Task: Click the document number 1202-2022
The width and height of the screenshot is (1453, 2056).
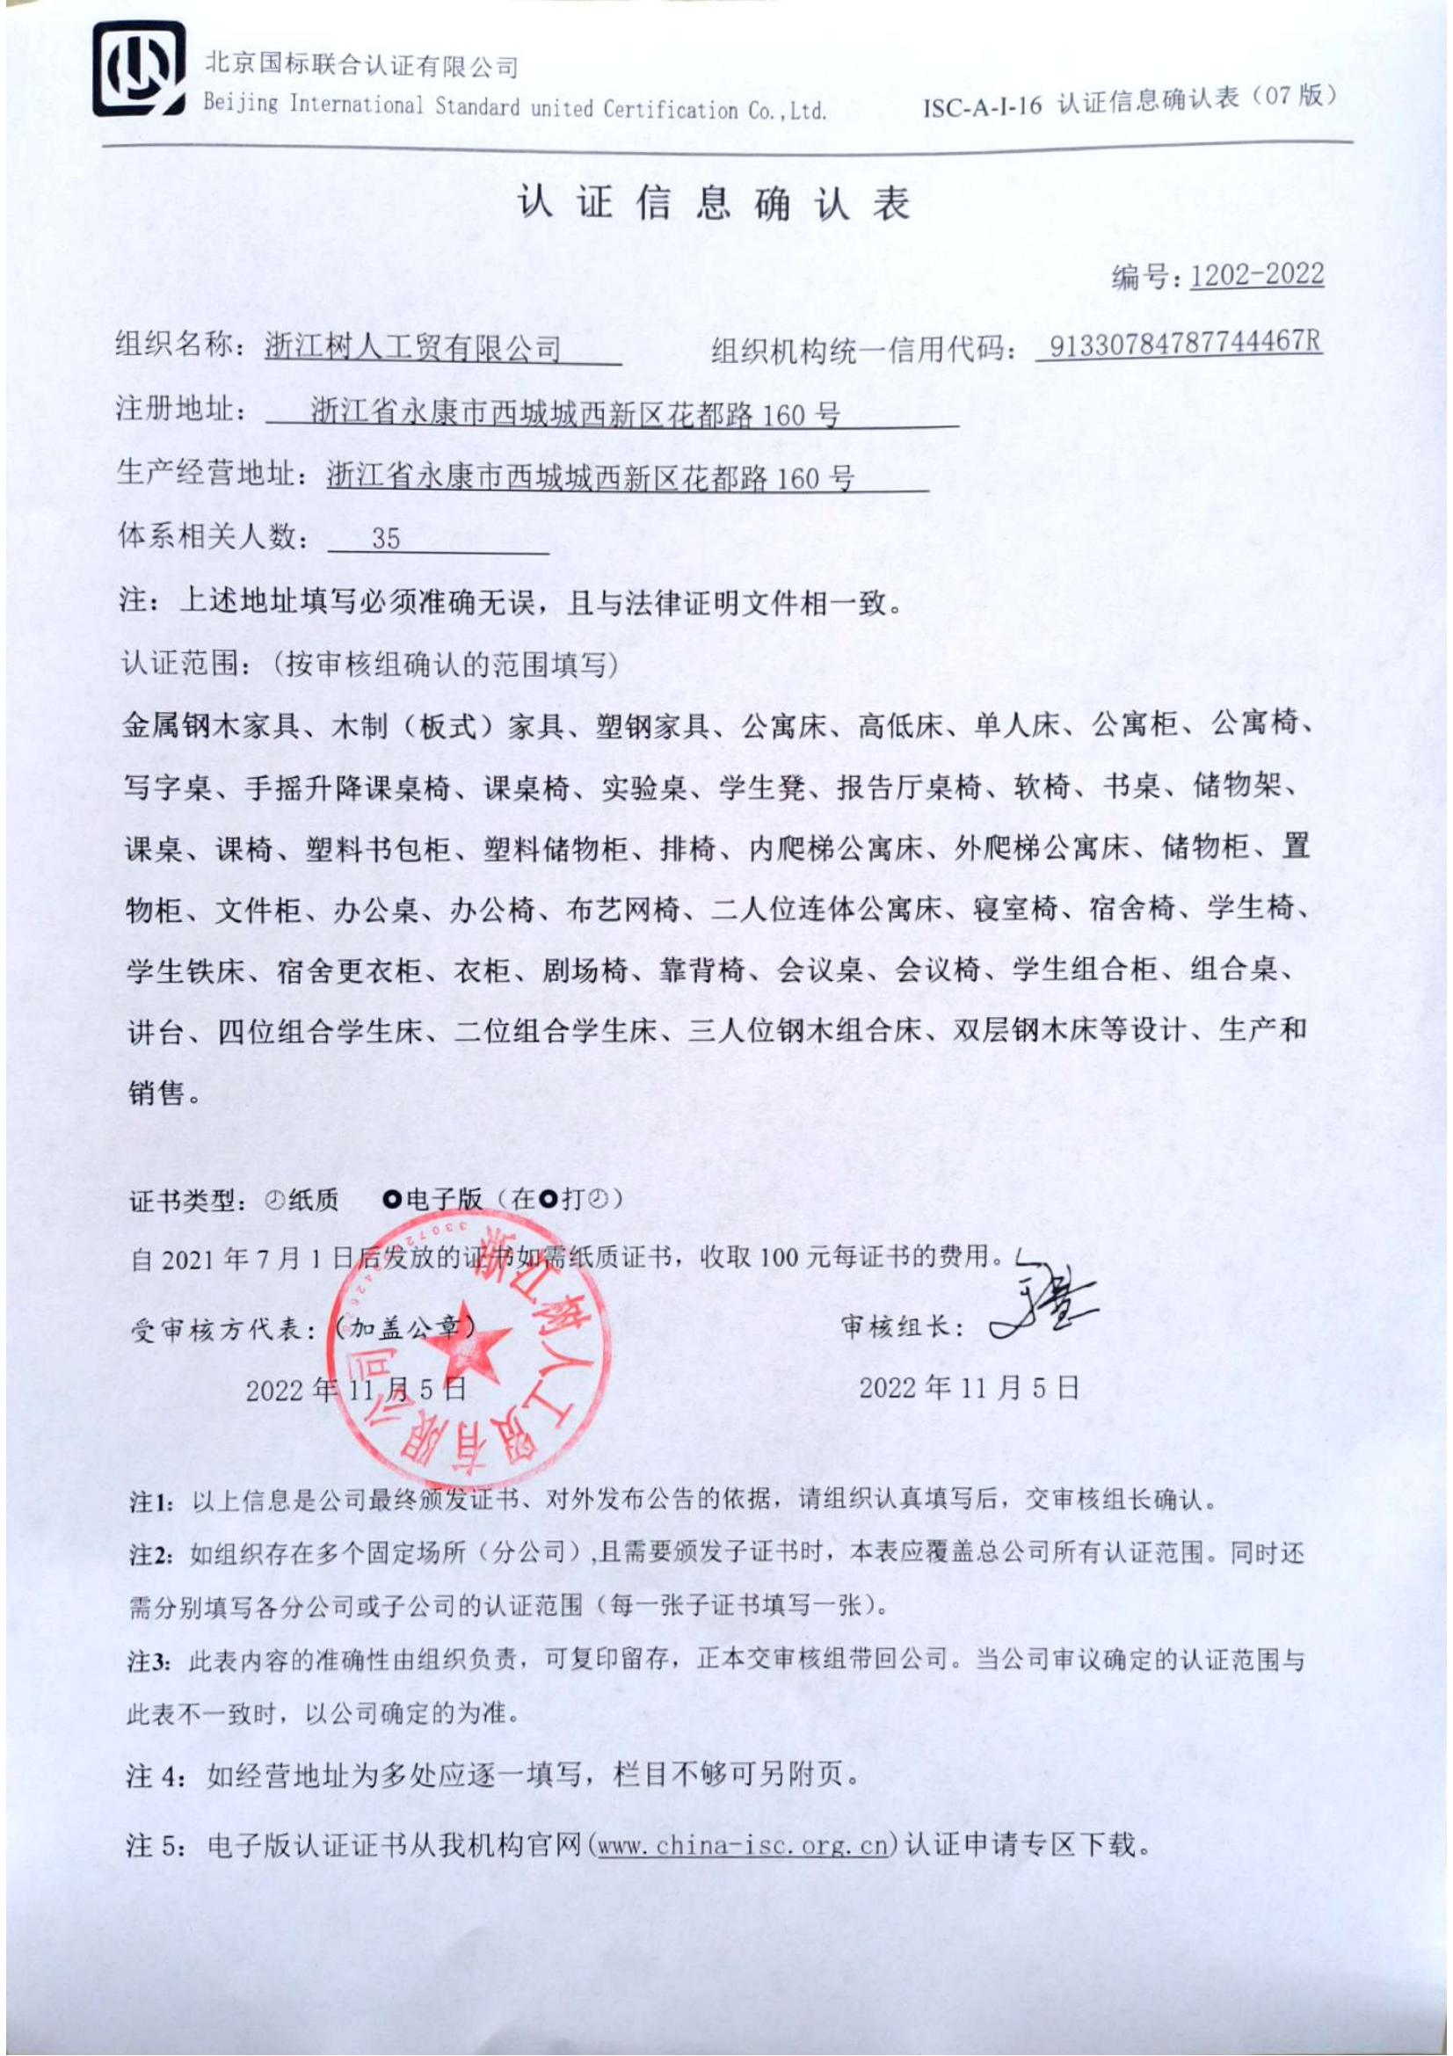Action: click(1256, 274)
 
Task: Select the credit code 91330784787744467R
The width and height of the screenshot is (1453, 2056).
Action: click(1184, 344)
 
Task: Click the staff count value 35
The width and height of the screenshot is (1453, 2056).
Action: click(386, 538)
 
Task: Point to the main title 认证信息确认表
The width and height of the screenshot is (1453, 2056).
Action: click(714, 203)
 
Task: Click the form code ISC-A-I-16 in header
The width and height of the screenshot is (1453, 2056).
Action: click(982, 105)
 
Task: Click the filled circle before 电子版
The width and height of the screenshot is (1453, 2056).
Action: click(391, 1199)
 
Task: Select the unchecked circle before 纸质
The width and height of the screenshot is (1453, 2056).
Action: click(274, 1200)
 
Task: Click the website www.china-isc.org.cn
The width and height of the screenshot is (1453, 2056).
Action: click(742, 1845)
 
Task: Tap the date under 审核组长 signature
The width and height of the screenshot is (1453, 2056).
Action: click(968, 1388)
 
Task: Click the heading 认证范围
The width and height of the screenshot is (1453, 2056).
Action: click(180, 664)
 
